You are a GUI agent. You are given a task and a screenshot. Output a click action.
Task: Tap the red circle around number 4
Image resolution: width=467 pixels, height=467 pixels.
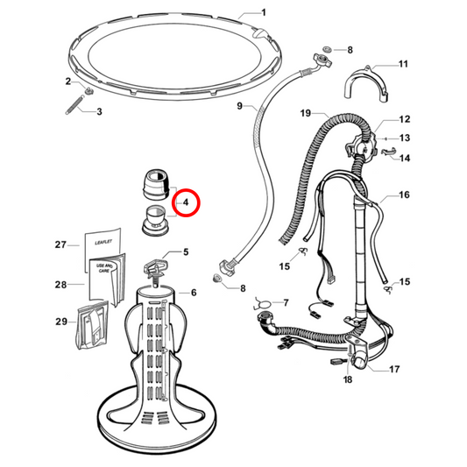[x=186, y=203]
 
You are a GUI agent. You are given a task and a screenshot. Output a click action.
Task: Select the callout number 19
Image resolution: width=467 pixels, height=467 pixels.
[x=305, y=114]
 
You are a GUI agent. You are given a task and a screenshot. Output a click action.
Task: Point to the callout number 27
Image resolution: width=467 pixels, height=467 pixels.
[x=60, y=244]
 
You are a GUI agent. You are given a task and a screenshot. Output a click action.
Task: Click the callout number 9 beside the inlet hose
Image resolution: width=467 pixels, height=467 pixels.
[x=238, y=106]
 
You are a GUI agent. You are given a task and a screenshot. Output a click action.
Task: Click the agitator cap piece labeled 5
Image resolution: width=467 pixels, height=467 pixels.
[x=158, y=262]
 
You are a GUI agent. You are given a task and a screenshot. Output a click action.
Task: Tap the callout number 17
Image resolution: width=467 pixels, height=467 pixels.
[x=394, y=369]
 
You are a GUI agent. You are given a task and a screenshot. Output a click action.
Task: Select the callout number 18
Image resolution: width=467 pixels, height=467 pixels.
[x=348, y=379]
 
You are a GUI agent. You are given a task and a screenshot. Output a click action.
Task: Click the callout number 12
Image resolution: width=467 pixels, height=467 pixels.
[x=405, y=119]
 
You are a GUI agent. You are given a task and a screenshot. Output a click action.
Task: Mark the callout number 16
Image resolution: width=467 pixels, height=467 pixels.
[x=405, y=196]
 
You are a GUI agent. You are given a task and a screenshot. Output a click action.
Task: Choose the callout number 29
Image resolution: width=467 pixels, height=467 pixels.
[x=60, y=322]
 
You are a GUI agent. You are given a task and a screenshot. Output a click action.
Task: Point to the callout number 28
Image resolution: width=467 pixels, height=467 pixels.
[x=60, y=284]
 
